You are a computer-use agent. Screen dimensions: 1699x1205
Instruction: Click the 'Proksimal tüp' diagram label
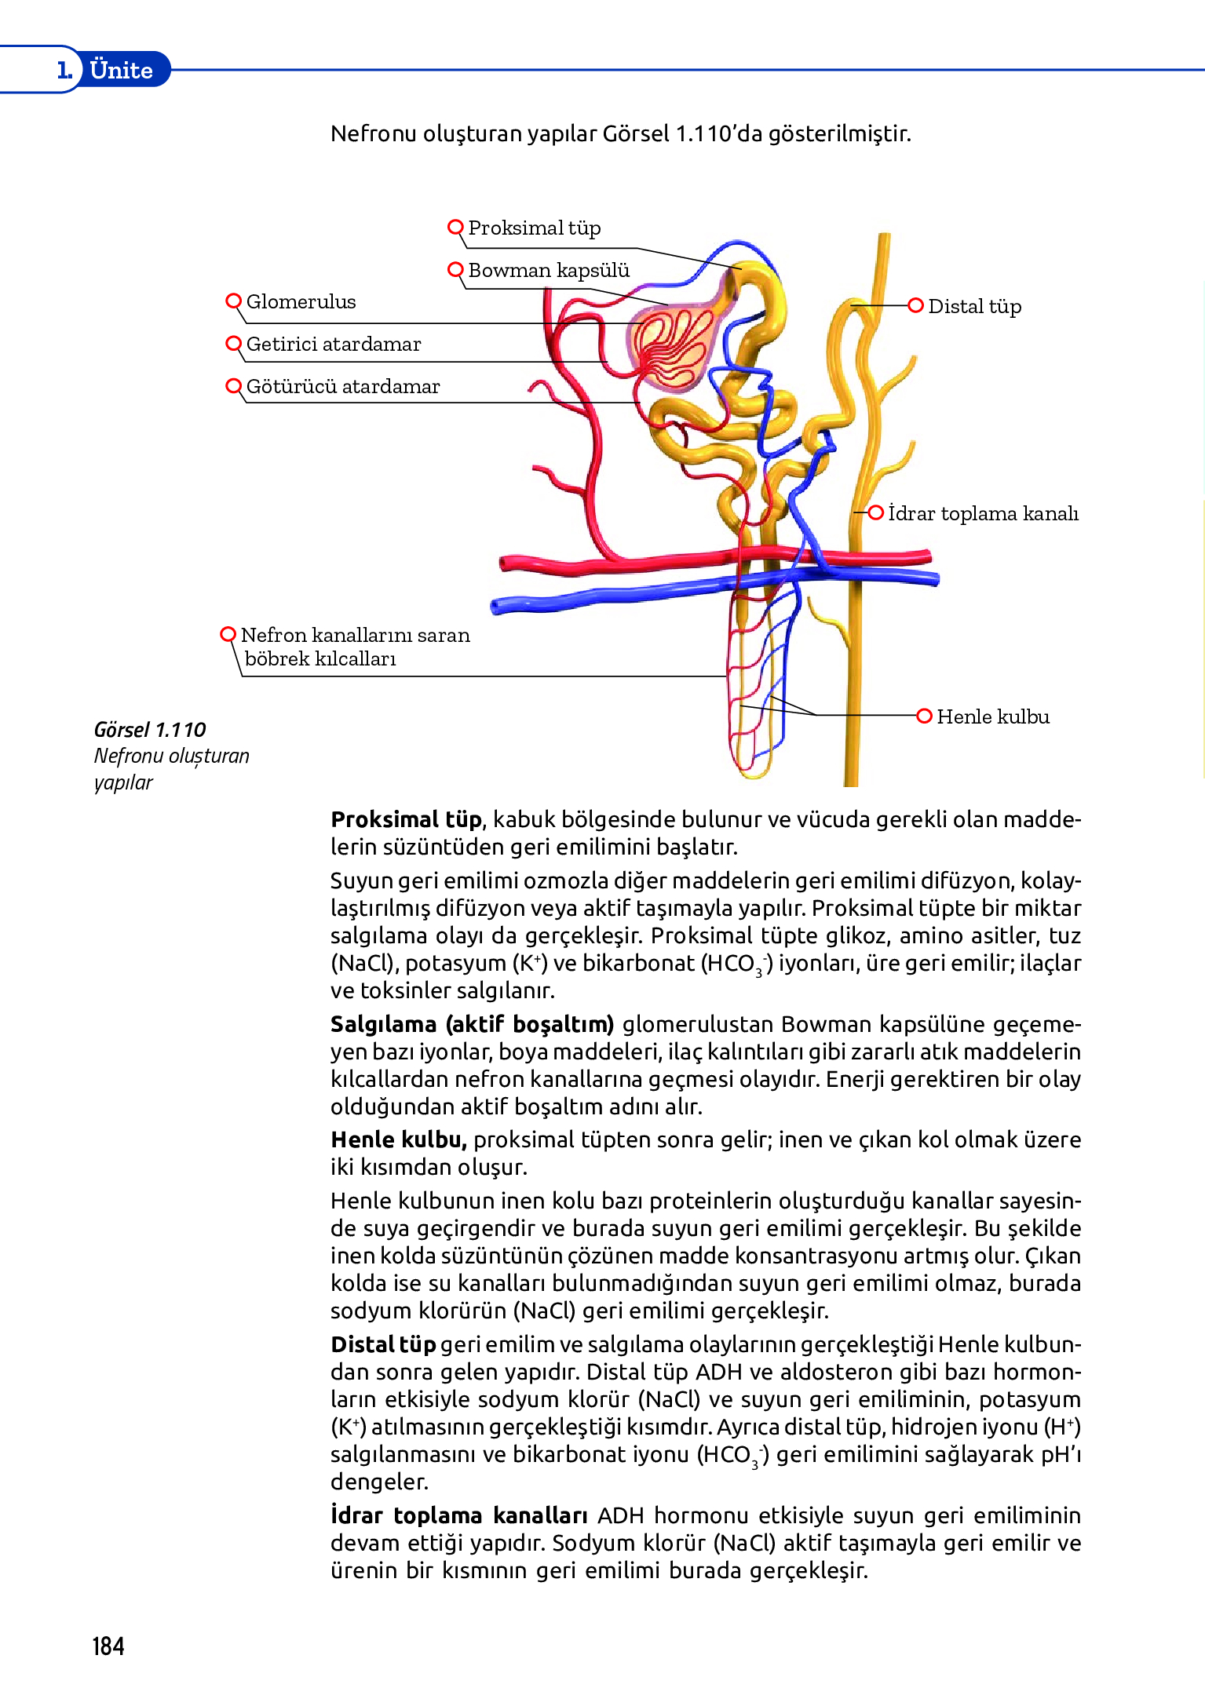[x=534, y=228]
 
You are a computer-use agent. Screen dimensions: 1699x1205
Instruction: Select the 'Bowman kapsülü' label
[x=548, y=271]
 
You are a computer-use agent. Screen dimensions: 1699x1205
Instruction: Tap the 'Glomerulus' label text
[x=301, y=302]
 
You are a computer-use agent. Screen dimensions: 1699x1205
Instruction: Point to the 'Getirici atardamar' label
[x=333, y=345]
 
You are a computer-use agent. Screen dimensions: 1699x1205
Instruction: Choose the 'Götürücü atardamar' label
[x=342, y=387]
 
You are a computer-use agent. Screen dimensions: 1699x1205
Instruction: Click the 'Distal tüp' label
[x=974, y=307]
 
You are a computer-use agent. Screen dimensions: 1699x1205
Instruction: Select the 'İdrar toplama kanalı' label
[x=983, y=514]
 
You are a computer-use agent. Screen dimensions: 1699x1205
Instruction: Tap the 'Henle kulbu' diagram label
[x=992, y=717]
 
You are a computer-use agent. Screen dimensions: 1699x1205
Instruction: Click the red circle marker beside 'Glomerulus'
[x=233, y=301]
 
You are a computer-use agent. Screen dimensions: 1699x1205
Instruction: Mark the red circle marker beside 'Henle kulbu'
[x=924, y=716]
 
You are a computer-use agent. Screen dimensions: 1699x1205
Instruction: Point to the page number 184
[x=108, y=1646]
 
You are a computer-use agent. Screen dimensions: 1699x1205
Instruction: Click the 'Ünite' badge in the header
[x=121, y=70]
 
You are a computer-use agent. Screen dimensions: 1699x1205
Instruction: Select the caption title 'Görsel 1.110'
[x=149, y=730]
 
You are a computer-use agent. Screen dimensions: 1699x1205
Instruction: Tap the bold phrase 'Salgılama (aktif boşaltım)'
[x=471, y=1025]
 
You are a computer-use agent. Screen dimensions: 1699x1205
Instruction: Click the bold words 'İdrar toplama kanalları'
[x=458, y=1515]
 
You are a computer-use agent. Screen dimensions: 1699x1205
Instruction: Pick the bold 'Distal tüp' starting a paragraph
[x=383, y=1345]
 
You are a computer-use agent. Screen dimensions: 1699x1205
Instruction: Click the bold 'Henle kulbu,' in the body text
[x=399, y=1139]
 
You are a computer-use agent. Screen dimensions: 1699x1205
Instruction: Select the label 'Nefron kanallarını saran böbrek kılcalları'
[x=355, y=647]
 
